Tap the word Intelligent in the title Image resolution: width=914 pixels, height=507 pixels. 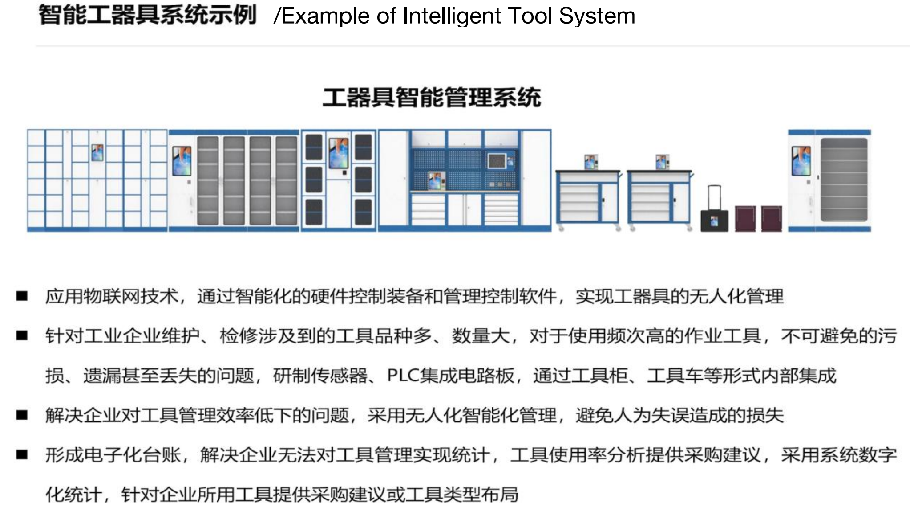click(451, 16)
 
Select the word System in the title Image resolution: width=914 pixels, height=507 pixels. click(597, 16)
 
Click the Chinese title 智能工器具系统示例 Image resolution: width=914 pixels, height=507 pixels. click(148, 15)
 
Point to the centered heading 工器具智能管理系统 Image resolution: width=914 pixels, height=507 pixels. click(432, 98)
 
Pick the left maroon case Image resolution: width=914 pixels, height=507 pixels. click(745, 218)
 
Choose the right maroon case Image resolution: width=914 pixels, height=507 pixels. click(771, 218)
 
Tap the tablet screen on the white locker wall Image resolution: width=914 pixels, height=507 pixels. click(97, 152)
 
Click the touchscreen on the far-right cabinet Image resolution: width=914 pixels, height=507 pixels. click(801, 161)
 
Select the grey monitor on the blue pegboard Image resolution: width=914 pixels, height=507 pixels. click(497, 160)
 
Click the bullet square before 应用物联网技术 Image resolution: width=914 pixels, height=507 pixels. click(22, 296)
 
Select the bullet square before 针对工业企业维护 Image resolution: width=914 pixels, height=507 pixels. click(22, 335)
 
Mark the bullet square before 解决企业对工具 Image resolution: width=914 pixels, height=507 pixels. click(22, 415)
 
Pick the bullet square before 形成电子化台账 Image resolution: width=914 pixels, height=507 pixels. click(22, 455)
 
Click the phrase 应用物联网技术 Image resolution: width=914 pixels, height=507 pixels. click(112, 296)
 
